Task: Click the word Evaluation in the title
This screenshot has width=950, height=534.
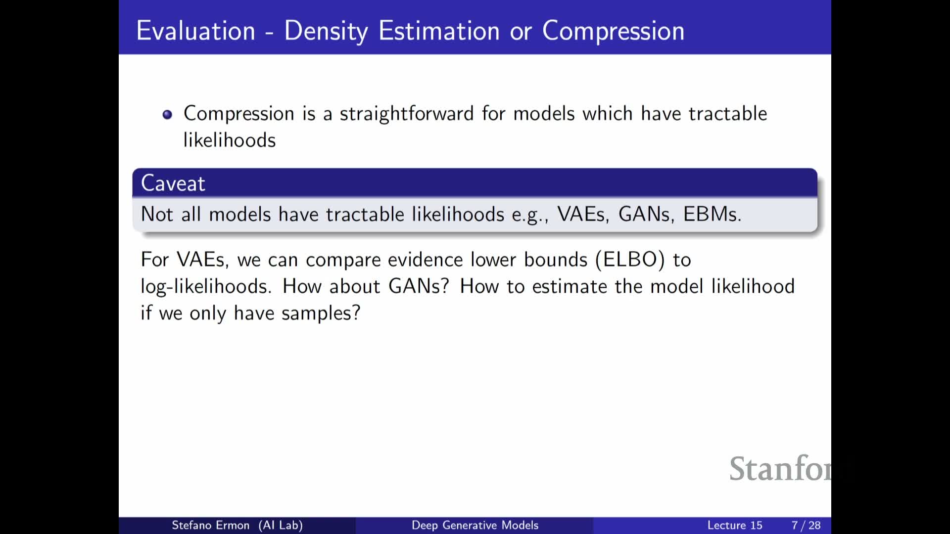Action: click(x=196, y=31)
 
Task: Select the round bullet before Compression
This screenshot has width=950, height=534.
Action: click(x=167, y=115)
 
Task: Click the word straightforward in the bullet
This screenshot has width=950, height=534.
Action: click(x=407, y=114)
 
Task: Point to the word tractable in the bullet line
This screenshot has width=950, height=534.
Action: click(x=728, y=113)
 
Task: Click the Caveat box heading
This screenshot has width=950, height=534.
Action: click(x=173, y=183)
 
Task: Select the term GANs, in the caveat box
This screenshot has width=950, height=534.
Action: click(x=646, y=214)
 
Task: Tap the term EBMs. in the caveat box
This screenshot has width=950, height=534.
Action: click(x=712, y=214)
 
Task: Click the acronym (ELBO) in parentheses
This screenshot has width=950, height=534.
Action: click(x=630, y=260)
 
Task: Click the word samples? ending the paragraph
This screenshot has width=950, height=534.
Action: click(x=321, y=313)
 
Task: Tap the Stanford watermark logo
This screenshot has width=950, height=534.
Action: click(x=780, y=469)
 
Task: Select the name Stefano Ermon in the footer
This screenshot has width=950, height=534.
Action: click(x=210, y=525)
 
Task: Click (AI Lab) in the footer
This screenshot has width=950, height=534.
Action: click(x=281, y=525)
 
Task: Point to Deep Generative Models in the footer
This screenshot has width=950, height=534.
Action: click(x=475, y=525)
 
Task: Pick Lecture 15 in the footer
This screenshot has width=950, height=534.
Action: click(x=735, y=525)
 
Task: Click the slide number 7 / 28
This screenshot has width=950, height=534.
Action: click(x=806, y=525)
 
